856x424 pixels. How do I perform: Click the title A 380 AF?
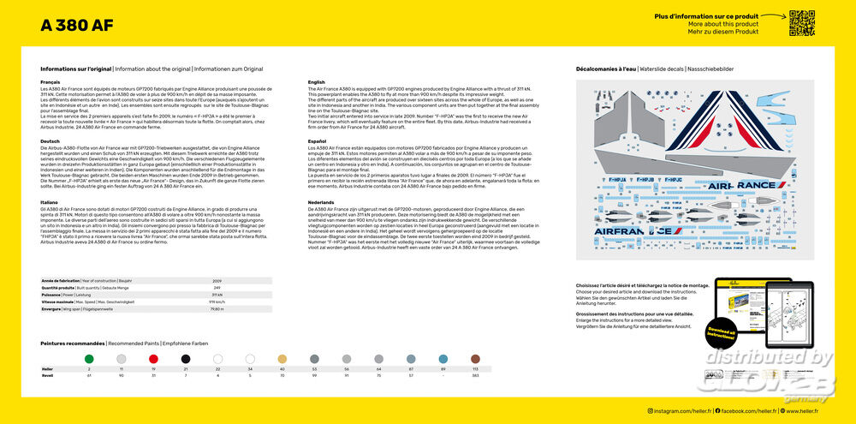click(x=81, y=25)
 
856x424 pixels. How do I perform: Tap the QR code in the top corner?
click(x=801, y=23)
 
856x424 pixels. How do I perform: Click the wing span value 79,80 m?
click(x=217, y=308)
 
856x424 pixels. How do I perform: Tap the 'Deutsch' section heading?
click(x=51, y=141)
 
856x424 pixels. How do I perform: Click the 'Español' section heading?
click(x=317, y=140)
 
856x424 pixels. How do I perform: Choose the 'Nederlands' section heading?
click(x=321, y=200)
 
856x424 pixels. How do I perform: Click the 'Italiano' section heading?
click(x=51, y=201)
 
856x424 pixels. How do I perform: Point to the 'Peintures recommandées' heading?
click(x=73, y=343)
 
